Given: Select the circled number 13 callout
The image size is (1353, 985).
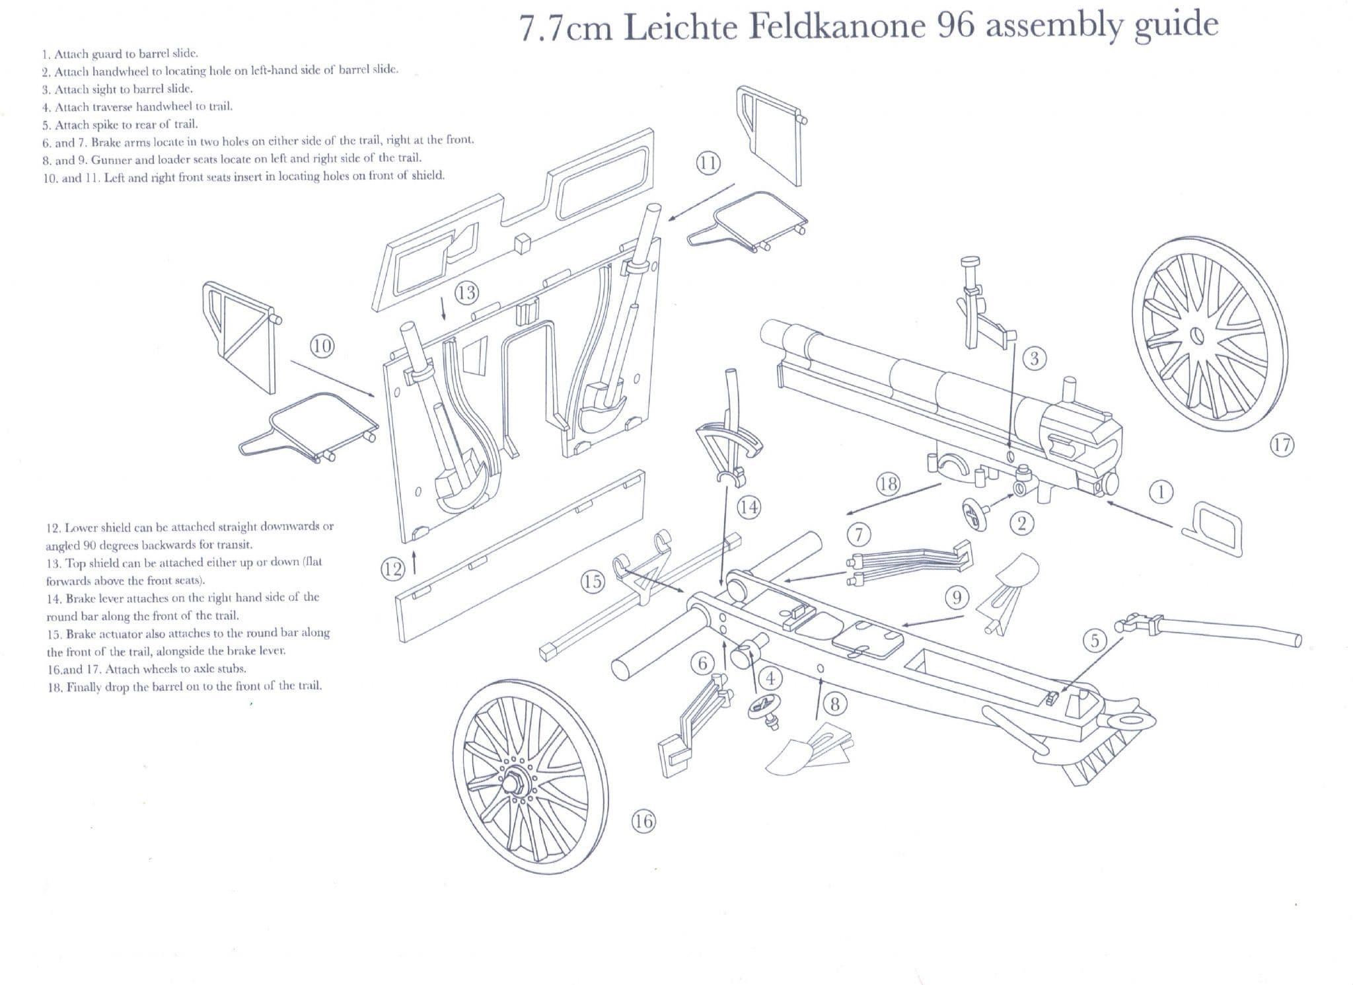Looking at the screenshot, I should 466,292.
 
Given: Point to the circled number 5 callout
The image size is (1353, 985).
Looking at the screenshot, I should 1095,640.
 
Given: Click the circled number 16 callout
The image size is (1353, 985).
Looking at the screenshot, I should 643,822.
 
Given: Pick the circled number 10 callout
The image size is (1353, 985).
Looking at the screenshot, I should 322,346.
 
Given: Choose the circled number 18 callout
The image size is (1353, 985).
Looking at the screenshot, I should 888,484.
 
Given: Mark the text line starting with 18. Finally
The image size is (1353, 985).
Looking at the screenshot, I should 184,686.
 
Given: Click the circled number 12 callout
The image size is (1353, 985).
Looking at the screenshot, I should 392,569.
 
